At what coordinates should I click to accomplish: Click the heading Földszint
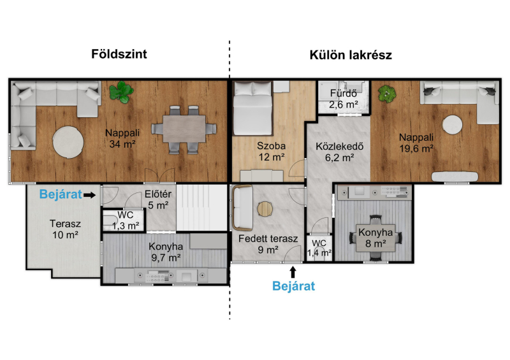pyautogui.click(x=119, y=54)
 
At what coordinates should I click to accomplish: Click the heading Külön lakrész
pyautogui.click(x=351, y=55)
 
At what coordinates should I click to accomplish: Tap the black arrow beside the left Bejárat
pyautogui.click(x=89, y=195)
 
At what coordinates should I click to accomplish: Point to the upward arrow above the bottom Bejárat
pyautogui.click(x=293, y=272)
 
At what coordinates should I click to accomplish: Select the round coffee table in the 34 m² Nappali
pyautogui.click(x=68, y=142)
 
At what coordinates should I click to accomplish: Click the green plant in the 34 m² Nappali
pyautogui.click(x=121, y=92)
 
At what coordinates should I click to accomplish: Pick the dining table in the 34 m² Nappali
pyautogui.click(x=184, y=129)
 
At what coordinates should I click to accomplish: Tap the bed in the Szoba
pyautogui.click(x=252, y=108)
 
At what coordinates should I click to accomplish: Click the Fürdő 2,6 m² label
pyautogui.click(x=344, y=99)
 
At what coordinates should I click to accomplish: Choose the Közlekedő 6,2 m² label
pyautogui.click(x=340, y=152)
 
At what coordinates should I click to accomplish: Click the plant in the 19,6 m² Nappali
pyautogui.click(x=387, y=94)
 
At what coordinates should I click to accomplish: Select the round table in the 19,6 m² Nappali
pyautogui.click(x=452, y=124)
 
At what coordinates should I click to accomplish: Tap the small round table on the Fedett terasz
pyautogui.click(x=265, y=209)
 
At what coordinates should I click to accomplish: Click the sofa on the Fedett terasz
pyautogui.click(x=242, y=208)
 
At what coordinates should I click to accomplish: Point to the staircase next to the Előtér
pyautogui.click(x=201, y=208)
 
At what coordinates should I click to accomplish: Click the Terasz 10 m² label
pyautogui.click(x=66, y=229)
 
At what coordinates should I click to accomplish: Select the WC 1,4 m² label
pyautogui.click(x=319, y=248)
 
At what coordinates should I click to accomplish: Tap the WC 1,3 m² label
pyautogui.click(x=126, y=220)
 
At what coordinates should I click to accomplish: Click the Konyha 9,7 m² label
pyautogui.click(x=166, y=252)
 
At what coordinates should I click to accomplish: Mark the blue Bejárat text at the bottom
pyautogui.click(x=294, y=286)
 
